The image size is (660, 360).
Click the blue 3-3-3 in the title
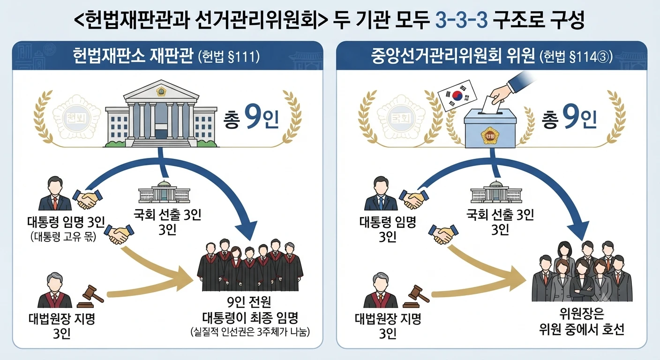pyautogui.click(x=461, y=20)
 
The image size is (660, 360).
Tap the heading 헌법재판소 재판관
pyautogui.click(x=133, y=56)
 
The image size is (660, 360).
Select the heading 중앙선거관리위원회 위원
pyautogui.click(x=453, y=56)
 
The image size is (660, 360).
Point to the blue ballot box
pyautogui.click(x=490, y=128)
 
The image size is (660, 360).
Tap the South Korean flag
pyautogui.click(x=457, y=96)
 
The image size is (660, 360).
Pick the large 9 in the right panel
pyautogui.click(x=570, y=117)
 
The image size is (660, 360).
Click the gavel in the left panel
pyautogui.click(x=90, y=296)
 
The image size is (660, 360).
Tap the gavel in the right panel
pyautogui.click(x=416, y=296)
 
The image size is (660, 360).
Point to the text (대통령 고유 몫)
pyautogui.click(x=63, y=237)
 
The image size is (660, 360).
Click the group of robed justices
pyautogui.click(x=250, y=265)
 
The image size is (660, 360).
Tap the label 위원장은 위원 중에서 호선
pyautogui.click(x=582, y=322)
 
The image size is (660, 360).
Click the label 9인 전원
pyautogui.click(x=249, y=302)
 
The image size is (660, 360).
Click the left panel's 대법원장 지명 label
pyautogui.click(x=62, y=318)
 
